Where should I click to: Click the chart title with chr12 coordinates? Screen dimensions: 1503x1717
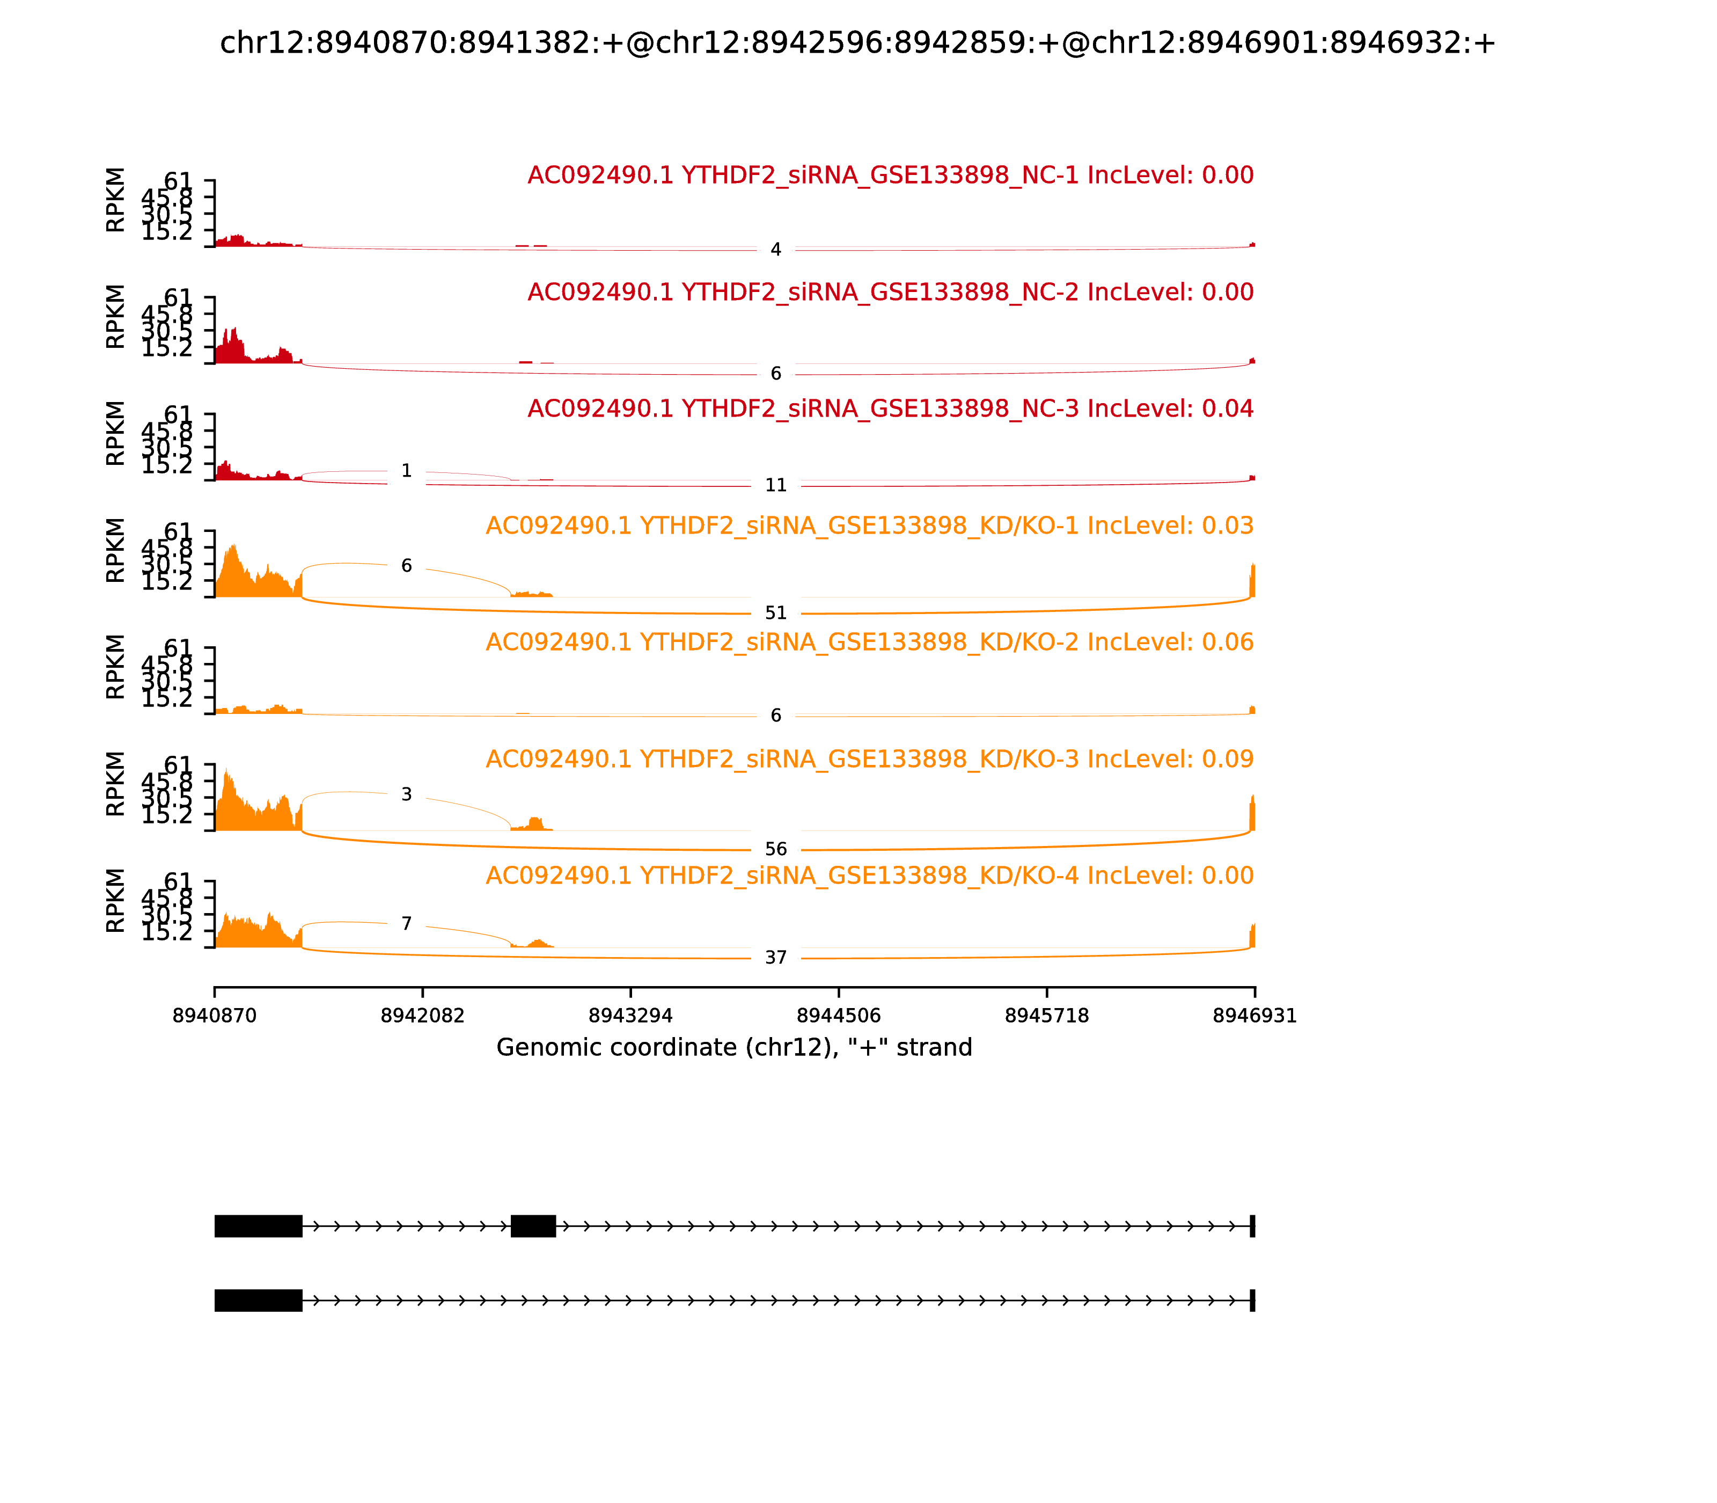857,43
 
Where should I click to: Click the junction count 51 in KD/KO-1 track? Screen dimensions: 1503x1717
775,613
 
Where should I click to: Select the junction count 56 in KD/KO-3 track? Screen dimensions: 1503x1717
775,849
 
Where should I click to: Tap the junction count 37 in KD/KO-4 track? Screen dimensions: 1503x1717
775,957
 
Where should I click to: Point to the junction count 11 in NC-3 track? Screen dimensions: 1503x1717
775,485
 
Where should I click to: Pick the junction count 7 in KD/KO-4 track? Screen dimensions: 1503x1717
407,923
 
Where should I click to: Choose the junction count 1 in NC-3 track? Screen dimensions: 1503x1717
407,471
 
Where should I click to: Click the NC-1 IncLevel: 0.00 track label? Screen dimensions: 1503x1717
890,176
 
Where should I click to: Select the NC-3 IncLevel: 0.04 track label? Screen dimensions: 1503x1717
890,408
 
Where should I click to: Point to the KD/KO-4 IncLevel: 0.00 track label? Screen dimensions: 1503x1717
869,875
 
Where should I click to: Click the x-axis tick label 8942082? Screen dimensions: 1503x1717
423,1016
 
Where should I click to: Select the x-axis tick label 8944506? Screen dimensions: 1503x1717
838,1016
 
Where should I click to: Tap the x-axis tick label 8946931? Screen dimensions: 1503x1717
1254,1016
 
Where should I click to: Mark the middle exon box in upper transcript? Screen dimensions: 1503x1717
533,1225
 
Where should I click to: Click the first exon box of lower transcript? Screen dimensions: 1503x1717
258,1300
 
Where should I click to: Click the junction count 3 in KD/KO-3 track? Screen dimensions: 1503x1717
407,794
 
